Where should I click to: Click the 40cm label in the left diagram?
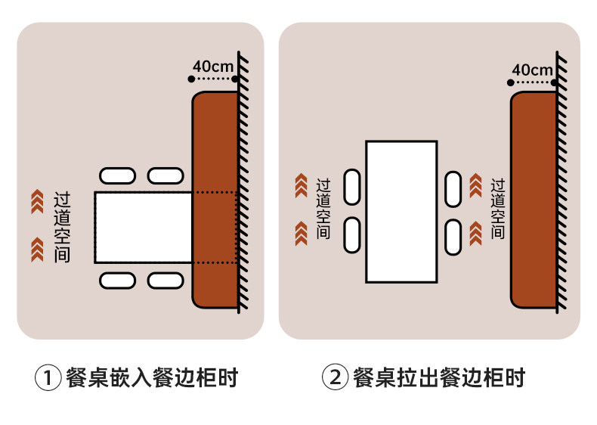[213, 66]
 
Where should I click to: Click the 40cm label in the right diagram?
[532, 70]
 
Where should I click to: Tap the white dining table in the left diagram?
[144, 227]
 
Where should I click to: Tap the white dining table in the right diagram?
[401, 212]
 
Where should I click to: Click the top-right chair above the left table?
[165, 176]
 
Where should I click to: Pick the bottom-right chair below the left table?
[165, 281]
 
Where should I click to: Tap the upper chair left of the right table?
[352, 187]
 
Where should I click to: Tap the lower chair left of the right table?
[352, 235]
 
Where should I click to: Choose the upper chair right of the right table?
[453, 188]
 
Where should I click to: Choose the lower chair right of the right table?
[453, 237]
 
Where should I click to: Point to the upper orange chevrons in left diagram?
[36, 200]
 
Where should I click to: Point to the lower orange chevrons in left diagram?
[36, 249]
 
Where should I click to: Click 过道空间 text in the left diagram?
[63, 227]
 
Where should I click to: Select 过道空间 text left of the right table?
[323, 209]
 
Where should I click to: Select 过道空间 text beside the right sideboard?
[497, 209]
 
